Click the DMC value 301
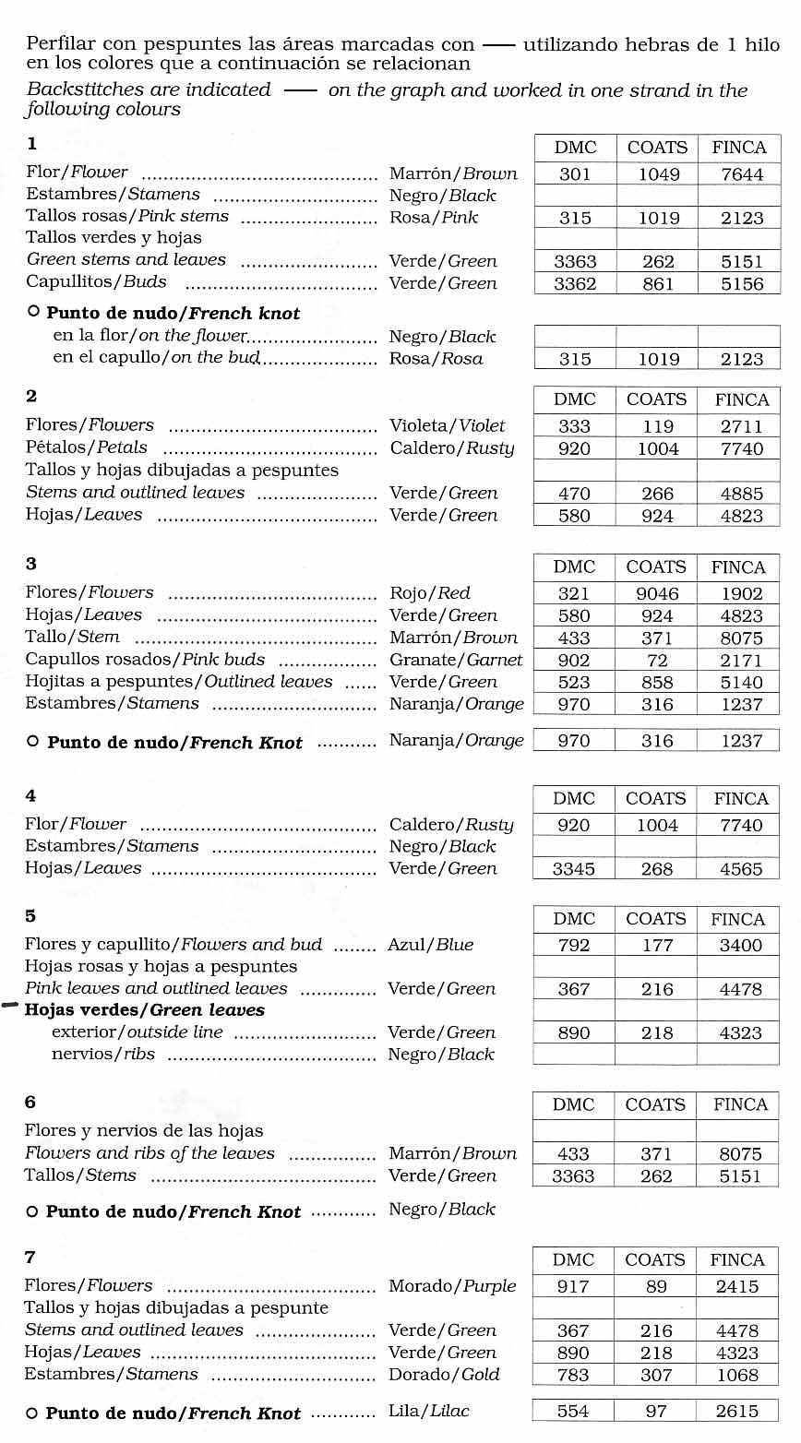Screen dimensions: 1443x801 pos(575,174)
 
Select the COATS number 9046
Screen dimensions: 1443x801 pos(657,594)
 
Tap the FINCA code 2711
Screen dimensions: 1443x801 pos(742,426)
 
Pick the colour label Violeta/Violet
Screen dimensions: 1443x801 pos(448,425)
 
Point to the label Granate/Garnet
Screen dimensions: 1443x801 pos(456,660)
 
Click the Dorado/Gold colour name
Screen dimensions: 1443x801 pos(444,1374)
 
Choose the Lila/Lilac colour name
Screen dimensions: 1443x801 pos(429,1411)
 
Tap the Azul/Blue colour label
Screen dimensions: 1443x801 pos(431,944)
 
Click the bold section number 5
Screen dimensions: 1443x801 pos(30,916)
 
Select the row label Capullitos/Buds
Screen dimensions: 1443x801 pos(96,282)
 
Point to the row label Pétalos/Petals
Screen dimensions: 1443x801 pos(87,447)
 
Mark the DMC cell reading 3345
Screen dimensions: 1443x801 pos(573,869)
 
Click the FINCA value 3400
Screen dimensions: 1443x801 pos(740,945)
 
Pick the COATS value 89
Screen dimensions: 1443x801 pos(656,1286)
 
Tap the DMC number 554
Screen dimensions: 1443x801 pos(573,1411)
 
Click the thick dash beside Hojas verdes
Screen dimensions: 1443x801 pos(11,1008)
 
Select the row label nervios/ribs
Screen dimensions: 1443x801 pos(103,1054)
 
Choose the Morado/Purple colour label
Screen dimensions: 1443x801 pos(452,1285)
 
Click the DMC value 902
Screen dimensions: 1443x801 pos(573,661)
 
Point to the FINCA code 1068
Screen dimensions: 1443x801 pos(737,1375)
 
